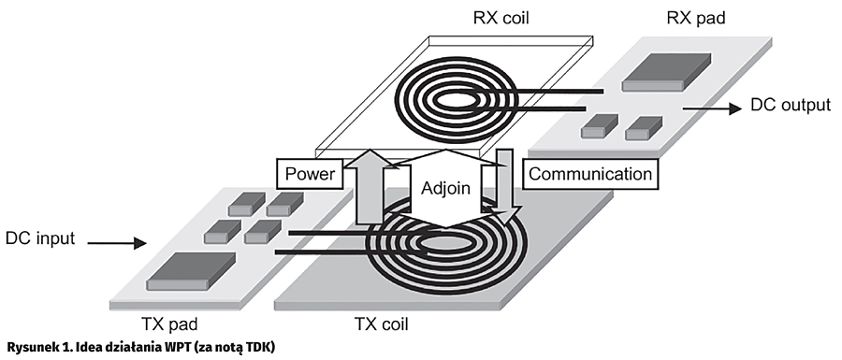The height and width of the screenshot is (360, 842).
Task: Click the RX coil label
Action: click(501, 18)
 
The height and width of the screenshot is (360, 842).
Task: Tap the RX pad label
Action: click(696, 18)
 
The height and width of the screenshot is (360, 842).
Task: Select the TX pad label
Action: click(169, 324)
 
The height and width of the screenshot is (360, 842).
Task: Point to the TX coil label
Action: click(382, 324)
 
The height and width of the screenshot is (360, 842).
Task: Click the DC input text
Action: click(40, 238)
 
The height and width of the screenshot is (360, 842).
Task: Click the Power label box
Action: click(311, 174)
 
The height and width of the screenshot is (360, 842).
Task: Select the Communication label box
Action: click(590, 174)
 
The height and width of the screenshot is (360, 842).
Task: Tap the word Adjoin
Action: click(445, 188)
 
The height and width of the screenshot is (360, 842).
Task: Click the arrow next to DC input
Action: click(117, 243)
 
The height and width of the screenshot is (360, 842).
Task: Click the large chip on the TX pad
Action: click(191, 273)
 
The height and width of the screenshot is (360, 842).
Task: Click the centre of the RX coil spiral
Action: click(456, 100)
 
